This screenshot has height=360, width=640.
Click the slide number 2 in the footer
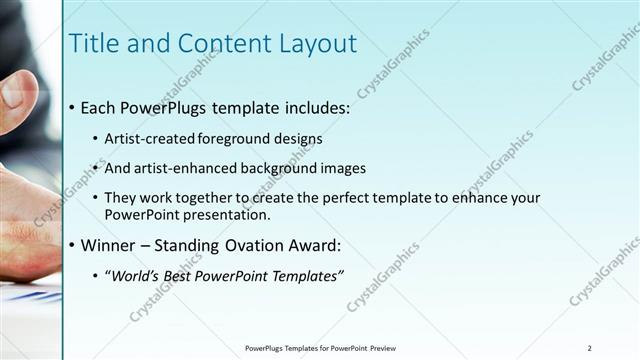589,347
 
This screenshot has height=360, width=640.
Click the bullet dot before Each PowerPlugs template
73,106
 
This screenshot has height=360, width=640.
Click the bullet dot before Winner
73,245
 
